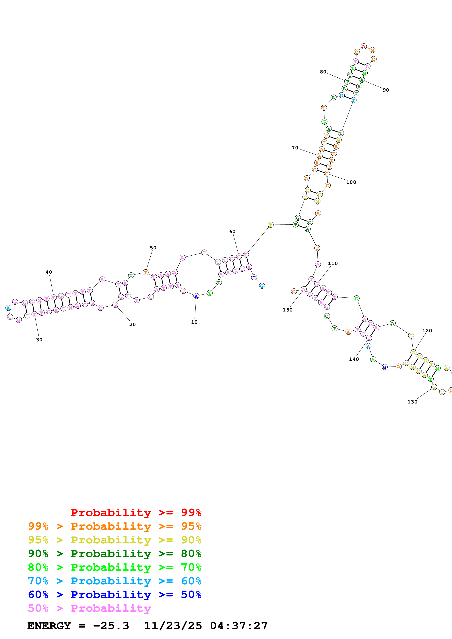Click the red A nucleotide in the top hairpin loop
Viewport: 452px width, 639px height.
pyautogui.click(x=363, y=46)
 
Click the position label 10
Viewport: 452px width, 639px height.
pyautogui.click(x=194, y=322)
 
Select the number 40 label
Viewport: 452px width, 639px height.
pyautogui.click(x=49, y=272)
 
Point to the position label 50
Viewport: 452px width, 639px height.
pyautogui.click(x=153, y=248)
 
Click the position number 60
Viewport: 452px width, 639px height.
pyautogui.click(x=232, y=232)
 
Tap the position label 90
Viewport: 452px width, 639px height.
pyautogui.click(x=386, y=90)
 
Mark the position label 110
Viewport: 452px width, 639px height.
pyautogui.click(x=333, y=263)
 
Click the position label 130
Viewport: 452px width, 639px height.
pyautogui.click(x=412, y=402)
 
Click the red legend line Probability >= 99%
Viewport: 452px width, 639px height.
pyautogui.click(x=136, y=513)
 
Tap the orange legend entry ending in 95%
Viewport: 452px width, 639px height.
pyautogui.click(x=115, y=526)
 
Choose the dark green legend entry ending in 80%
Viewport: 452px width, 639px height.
pyautogui.click(x=115, y=554)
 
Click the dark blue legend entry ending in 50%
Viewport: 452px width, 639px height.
pyautogui.click(x=115, y=595)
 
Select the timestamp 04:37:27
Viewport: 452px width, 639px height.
pyautogui.click(x=239, y=626)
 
